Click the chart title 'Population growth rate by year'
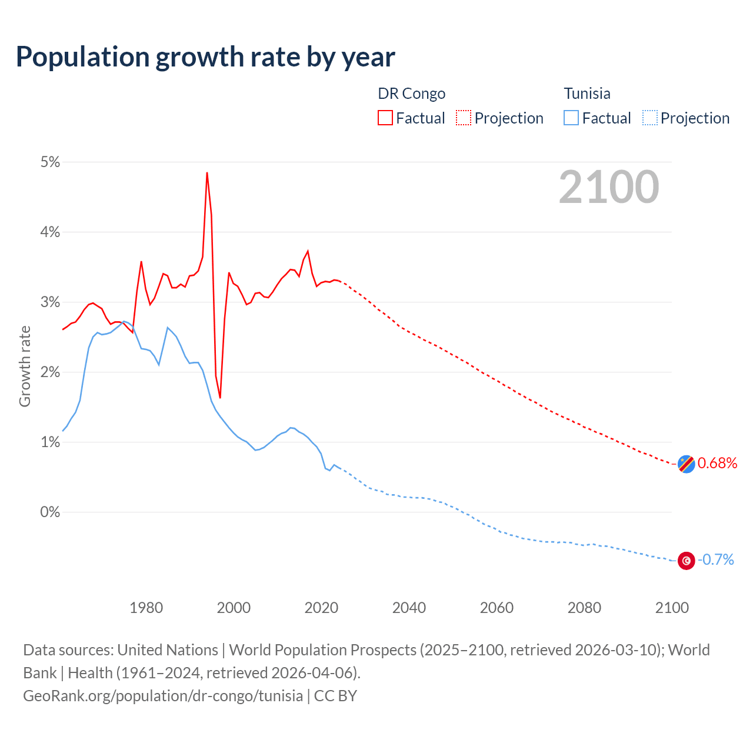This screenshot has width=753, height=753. [x=205, y=57]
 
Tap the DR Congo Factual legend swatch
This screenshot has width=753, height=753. [x=385, y=118]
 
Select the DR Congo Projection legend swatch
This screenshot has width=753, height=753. [x=464, y=118]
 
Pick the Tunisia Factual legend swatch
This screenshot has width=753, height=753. [x=571, y=118]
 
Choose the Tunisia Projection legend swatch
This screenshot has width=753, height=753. [x=649, y=118]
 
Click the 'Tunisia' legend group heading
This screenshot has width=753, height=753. [x=587, y=94]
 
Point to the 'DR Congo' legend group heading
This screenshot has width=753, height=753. [x=411, y=94]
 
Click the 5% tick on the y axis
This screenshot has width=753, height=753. [x=50, y=162]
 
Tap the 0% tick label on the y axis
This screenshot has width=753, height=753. [x=50, y=512]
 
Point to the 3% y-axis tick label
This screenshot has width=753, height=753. [x=50, y=302]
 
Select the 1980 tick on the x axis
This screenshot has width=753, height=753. [x=146, y=608]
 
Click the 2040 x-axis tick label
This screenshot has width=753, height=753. [x=409, y=608]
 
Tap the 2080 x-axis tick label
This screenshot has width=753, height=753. [x=584, y=608]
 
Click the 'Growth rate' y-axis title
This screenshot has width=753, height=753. [x=25, y=366]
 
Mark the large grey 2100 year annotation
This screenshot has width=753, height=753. [x=609, y=187]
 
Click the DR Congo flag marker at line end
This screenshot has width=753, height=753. [x=686, y=464]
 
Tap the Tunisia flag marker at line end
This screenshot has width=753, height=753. [x=686, y=561]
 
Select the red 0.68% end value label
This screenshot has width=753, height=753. [x=717, y=463]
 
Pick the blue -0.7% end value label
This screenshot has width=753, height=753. [x=715, y=559]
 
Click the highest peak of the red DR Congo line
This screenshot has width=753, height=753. [x=207, y=173]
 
